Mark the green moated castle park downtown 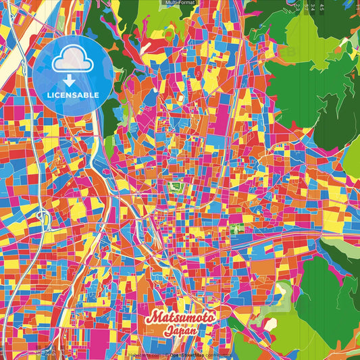point(178,187)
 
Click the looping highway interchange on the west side point(42,219)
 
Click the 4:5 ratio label point(321,7)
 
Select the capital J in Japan point(168,331)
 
